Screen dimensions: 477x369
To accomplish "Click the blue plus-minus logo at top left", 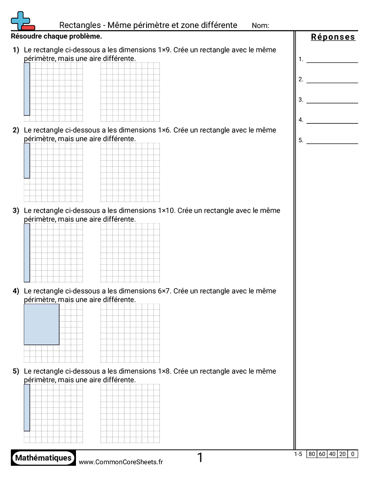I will [x=22, y=21].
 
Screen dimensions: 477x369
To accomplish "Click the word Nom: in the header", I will [x=260, y=26].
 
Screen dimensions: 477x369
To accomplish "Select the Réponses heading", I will [x=333, y=37].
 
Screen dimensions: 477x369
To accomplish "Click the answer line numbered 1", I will [x=332, y=59].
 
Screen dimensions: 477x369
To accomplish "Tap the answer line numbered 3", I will [x=332, y=100].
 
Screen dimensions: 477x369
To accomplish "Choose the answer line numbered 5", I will [x=332, y=140].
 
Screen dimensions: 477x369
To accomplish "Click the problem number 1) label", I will [x=16, y=50].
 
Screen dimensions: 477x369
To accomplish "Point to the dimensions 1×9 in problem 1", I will [x=165, y=50].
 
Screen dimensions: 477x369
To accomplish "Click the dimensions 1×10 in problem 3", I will [x=166, y=210].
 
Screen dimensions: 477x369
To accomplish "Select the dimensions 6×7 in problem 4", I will [x=165, y=291].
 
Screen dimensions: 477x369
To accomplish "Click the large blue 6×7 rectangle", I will [x=41, y=324].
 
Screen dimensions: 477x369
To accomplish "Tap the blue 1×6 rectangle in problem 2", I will [x=27, y=161].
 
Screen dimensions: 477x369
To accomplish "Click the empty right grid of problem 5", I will [x=130, y=414].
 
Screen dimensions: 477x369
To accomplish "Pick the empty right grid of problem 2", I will [x=130, y=173].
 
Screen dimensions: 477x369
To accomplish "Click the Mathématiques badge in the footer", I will [x=43, y=458].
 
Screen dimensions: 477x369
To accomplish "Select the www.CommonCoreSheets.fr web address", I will [x=121, y=462].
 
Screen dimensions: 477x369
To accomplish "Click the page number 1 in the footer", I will [x=200, y=458].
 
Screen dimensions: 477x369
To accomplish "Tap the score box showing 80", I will [x=312, y=454].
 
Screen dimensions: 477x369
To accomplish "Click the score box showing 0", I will [x=353, y=454].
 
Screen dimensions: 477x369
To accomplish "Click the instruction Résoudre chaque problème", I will [x=56, y=36].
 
